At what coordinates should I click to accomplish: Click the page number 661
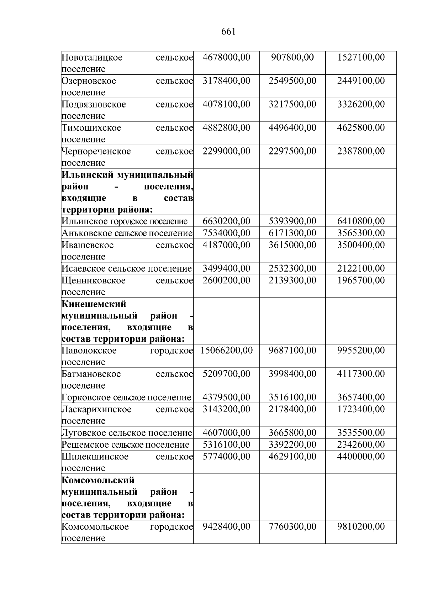228,32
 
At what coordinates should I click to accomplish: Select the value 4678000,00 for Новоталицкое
226,57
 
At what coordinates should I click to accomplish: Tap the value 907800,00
292,57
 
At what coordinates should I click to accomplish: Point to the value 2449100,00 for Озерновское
361,81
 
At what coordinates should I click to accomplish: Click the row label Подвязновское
94,104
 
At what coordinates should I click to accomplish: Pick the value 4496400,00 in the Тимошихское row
292,128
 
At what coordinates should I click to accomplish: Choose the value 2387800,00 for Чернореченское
361,151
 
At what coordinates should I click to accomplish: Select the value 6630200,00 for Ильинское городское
226,221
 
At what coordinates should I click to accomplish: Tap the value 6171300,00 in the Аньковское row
292,233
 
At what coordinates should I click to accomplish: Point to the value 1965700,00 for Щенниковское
361,280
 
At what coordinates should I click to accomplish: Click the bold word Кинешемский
94,304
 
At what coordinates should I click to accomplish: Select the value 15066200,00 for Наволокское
226,351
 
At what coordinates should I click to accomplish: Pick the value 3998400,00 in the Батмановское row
292,374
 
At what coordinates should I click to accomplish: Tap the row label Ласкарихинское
96,409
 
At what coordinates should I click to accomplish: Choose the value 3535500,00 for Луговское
361,433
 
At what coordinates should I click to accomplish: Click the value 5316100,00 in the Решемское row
226,445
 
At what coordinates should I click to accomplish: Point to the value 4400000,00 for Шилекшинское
361,456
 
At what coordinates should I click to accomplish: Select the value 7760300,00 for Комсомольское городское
292,526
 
